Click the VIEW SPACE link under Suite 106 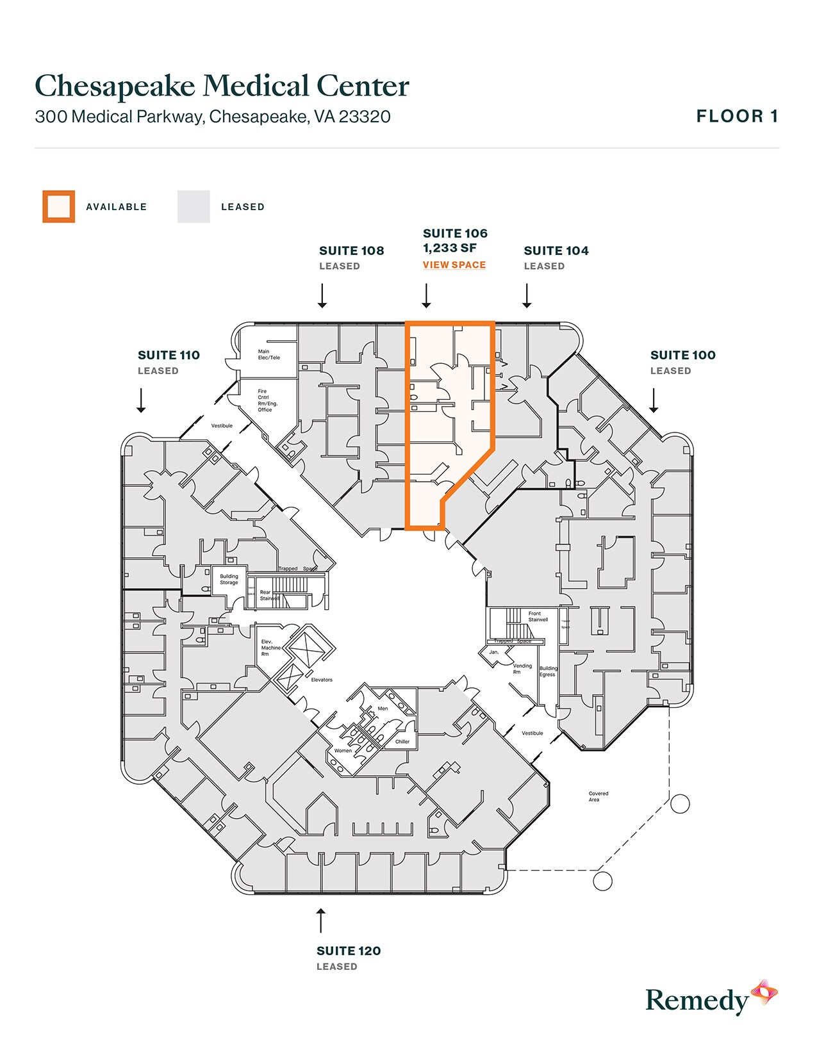[454, 265]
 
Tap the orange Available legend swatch [59, 206]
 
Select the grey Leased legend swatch [194, 206]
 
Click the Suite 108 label [352, 250]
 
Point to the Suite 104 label [556, 250]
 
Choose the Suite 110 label [169, 355]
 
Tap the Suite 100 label [682, 355]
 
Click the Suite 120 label [349, 951]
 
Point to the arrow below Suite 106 [426, 296]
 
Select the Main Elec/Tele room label [269, 354]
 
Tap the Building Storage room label [229, 579]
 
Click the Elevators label [322, 680]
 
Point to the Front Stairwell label [538, 616]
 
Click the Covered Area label [598, 796]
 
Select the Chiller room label [402, 742]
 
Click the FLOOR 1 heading [737, 116]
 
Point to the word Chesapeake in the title [115, 86]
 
